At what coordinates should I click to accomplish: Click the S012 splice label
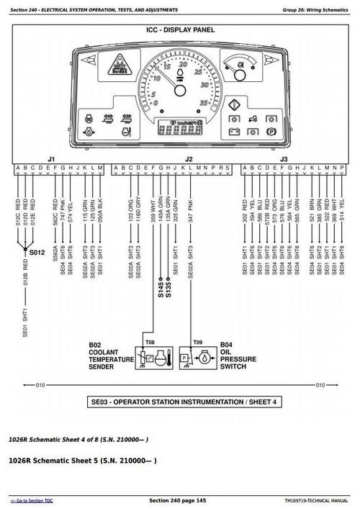pyautogui.click(x=37, y=253)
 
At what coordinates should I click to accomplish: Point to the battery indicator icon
pyautogui.click(x=235, y=132)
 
